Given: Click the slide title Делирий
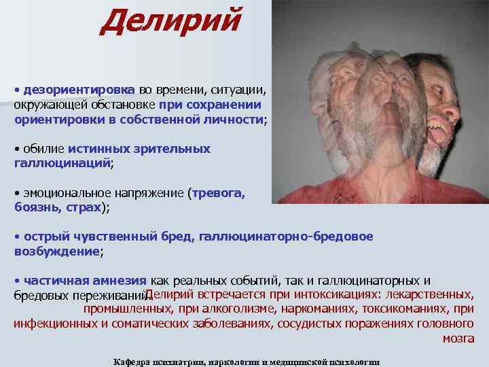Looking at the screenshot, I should (169, 22).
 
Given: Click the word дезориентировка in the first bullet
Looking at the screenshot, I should (79, 90).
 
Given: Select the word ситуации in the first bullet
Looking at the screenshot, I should (243, 90).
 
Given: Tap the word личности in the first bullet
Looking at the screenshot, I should (234, 119).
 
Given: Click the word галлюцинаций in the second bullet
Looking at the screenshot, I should (61, 163).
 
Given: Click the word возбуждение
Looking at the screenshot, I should (56, 251).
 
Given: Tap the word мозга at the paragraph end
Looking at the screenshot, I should (458, 338).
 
